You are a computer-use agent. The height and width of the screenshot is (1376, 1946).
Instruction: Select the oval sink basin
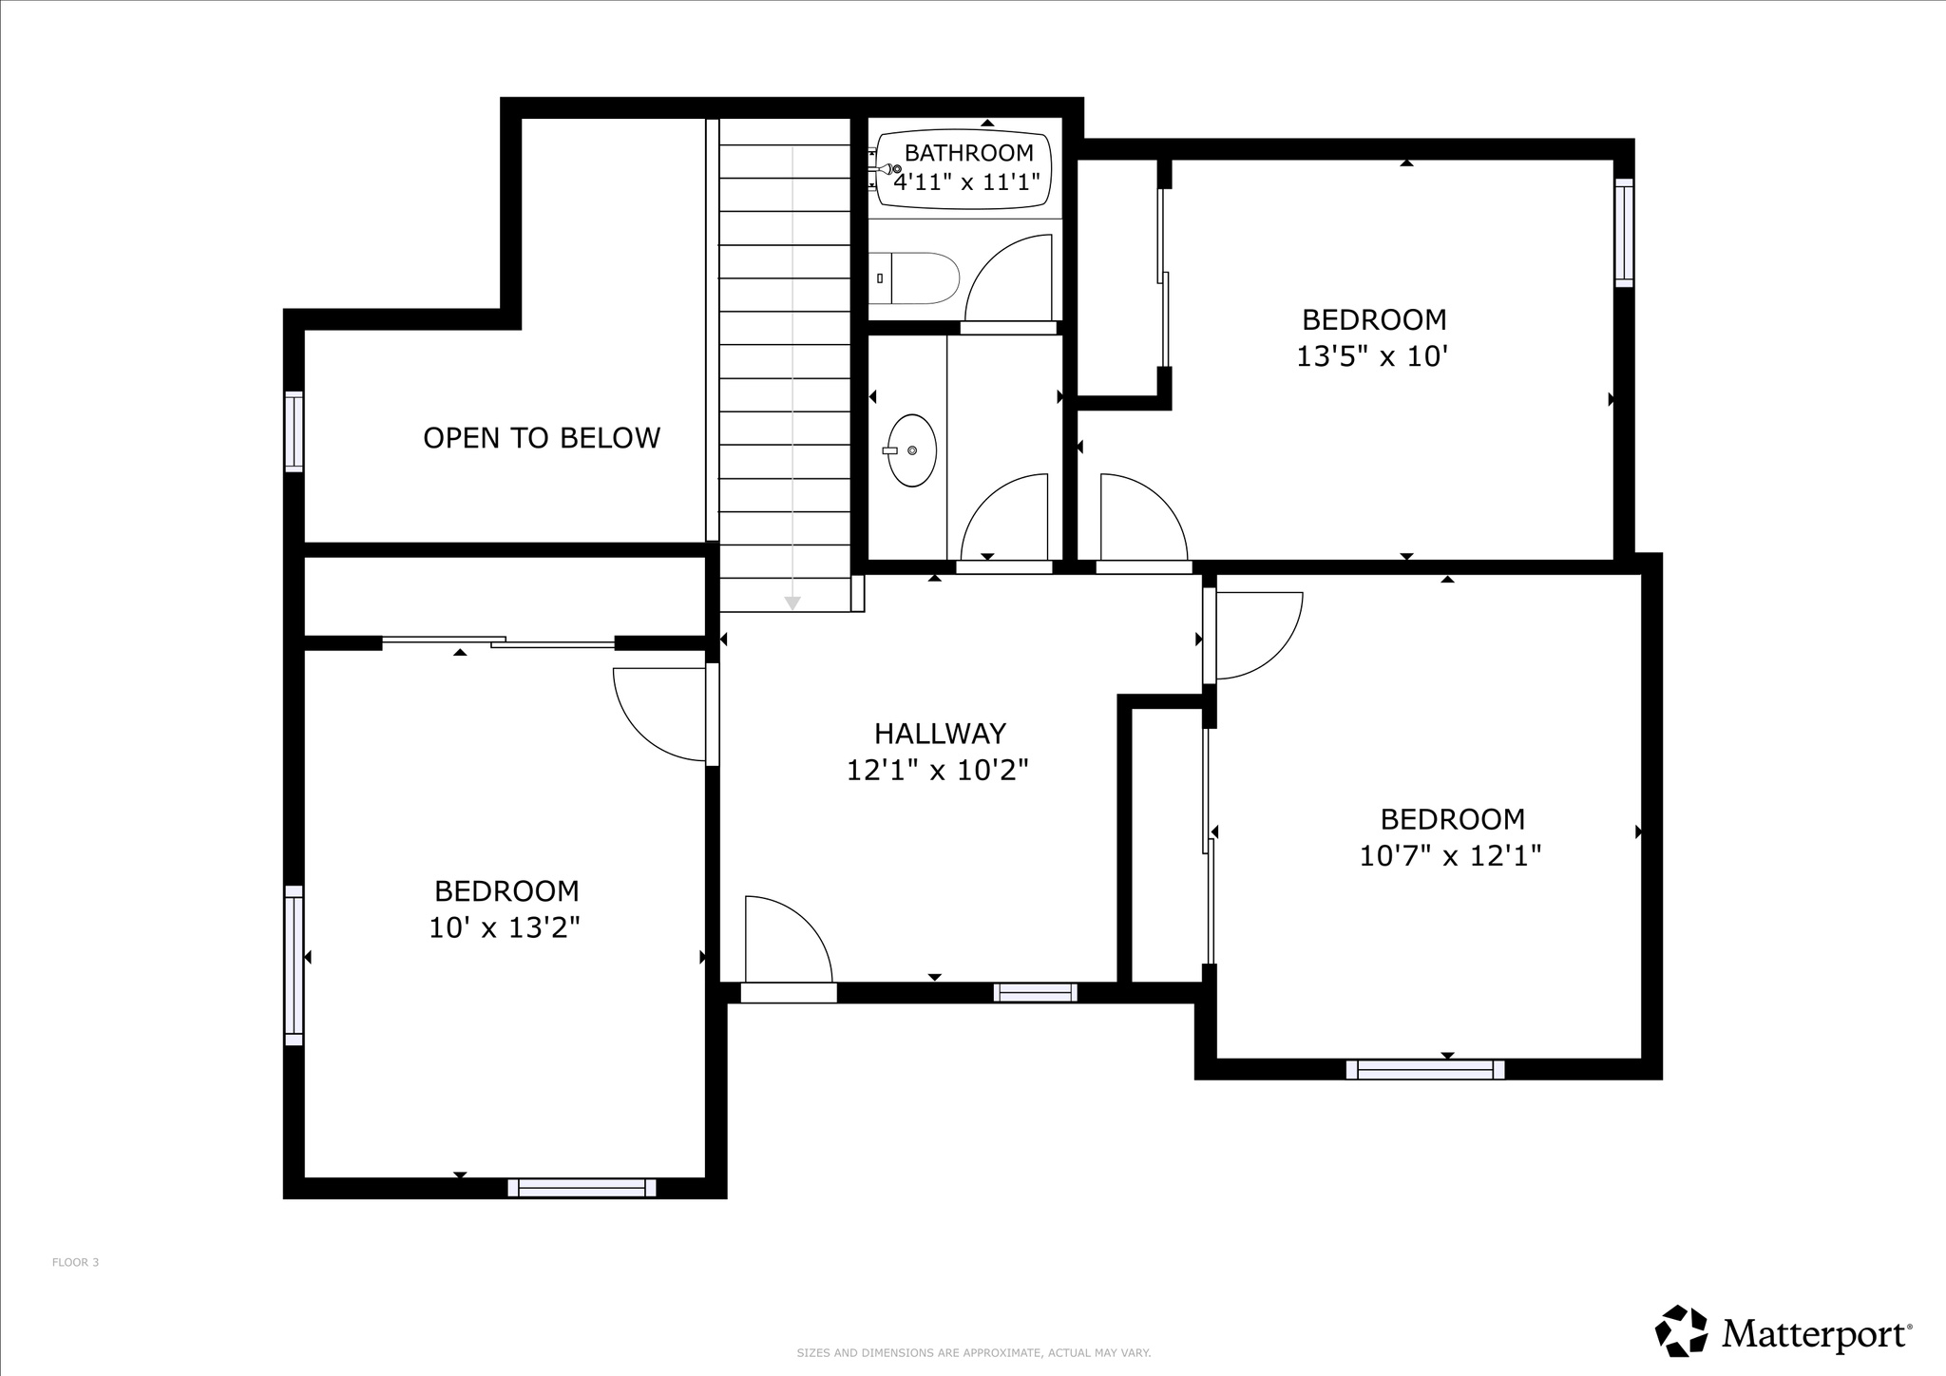pyautogui.click(x=912, y=450)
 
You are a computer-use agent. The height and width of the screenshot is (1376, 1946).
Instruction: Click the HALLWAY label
pyautogui.click(x=940, y=733)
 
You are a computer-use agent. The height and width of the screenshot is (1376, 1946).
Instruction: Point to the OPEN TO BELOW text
pyautogui.click(x=541, y=438)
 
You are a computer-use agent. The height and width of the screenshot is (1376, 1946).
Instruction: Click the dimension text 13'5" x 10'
pyautogui.click(x=1372, y=356)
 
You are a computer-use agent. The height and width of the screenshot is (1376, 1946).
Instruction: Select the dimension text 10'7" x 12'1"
pyautogui.click(x=1449, y=856)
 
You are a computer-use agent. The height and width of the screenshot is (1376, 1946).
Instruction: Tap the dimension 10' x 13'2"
pyautogui.click(x=505, y=927)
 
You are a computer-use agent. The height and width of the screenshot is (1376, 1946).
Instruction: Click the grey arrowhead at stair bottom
pyautogui.click(x=792, y=602)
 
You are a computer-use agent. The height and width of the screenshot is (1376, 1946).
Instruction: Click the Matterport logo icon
pyautogui.click(x=1683, y=1331)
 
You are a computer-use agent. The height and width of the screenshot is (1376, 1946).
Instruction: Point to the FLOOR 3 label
pyautogui.click(x=75, y=1262)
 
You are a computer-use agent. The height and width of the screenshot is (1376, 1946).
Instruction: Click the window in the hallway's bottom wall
pyautogui.click(x=1035, y=992)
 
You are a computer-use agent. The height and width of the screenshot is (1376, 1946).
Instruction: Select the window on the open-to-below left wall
pyautogui.click(x=295, y=431)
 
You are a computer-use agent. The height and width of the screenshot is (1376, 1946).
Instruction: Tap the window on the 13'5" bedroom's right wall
pyautogui.click(x=1624, y=232)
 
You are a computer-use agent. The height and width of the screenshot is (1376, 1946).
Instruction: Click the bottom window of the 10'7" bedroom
pyautogui.click(x=1425, y=1069)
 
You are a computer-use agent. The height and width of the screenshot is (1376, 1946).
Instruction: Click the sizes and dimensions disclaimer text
pyautogui.click(x=973, y=1352)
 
